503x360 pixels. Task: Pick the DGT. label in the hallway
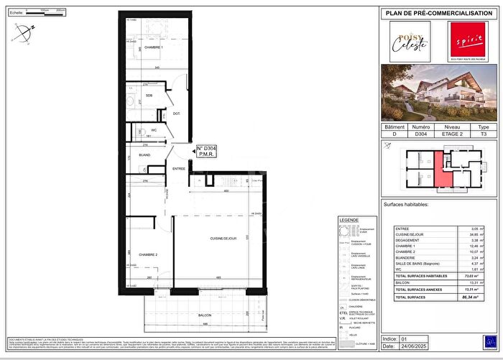(x=175, y=113)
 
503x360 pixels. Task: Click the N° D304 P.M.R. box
(x=206, y=152)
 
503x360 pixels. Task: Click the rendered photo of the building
(x=438, y=95)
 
